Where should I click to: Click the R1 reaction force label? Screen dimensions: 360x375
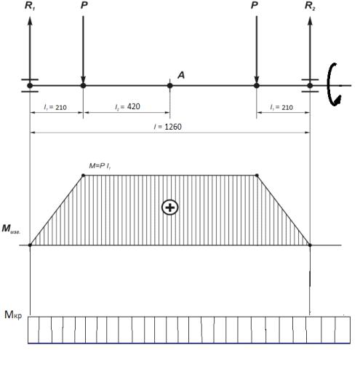click(x=30, y=6)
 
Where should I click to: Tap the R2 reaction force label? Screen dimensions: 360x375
click(x=310, y=6)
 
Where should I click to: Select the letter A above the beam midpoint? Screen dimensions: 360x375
click(x=181, y=75)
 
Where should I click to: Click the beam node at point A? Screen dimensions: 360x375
click(x=169, y=85)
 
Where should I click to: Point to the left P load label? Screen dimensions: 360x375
click(x=84, y=5)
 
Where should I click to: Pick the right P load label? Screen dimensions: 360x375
click(x=255, y=5)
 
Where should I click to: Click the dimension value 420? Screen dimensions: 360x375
click(x=134, y=106)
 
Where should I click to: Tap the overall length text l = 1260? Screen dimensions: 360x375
click(x=168, y=127)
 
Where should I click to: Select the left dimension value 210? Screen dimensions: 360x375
click(x=61, y=107)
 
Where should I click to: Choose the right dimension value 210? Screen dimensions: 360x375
click(x=287, y=107)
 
